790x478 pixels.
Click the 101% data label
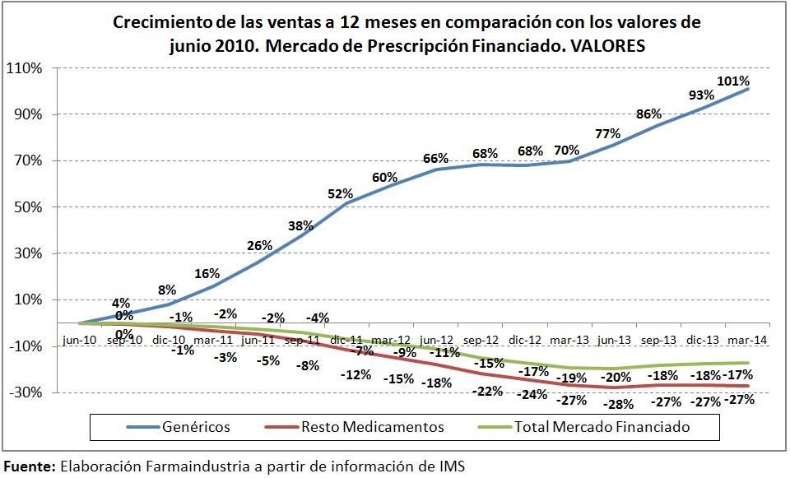pos(733,81)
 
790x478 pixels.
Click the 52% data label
pos(341,193)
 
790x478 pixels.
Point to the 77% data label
pos(607,133)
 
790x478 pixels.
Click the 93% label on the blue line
pos(701,95)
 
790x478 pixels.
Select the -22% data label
pos(488,391)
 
